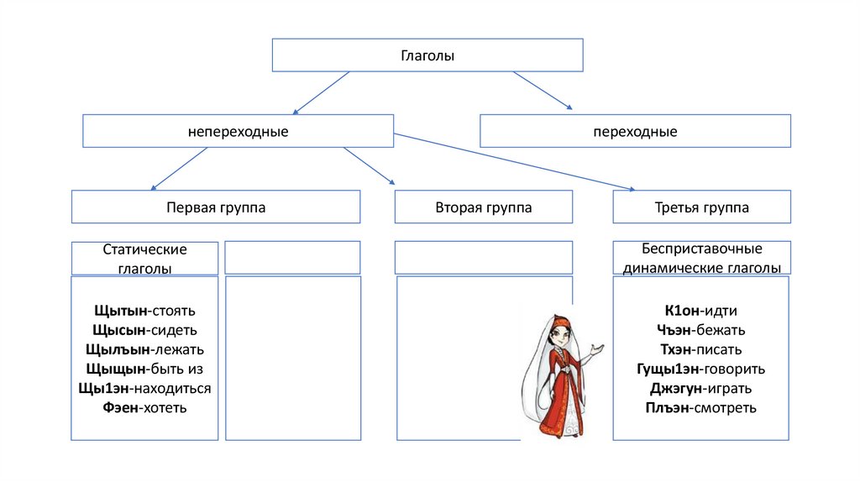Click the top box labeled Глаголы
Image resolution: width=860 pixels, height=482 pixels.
coord(427,55)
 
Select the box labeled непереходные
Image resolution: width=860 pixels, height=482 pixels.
coord(238,132)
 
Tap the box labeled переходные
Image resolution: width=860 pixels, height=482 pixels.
coord(635,132)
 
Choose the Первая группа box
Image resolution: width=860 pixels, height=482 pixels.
coord(216,207)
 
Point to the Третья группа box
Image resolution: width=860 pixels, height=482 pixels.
coord(701,207)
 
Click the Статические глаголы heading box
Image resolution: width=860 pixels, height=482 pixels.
coord(144,259)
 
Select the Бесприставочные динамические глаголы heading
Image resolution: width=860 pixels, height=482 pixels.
coord(701,259)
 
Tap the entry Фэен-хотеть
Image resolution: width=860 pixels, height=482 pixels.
coord(144,408)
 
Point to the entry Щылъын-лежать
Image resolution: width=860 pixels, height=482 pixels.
coord(144,350)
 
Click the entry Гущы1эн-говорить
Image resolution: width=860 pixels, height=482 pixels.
coord(701,369)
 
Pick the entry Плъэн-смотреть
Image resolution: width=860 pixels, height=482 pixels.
coord(701,408)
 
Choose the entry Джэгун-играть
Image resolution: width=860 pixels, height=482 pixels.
coord(701,389)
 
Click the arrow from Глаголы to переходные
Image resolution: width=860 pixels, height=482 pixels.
coord(543,91)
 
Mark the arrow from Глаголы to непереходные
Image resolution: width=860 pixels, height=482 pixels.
coord(320,92)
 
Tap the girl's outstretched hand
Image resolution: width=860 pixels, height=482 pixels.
coord(597,346)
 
